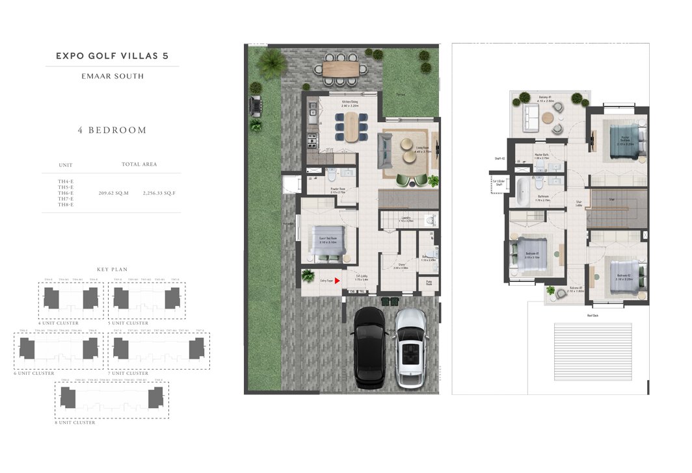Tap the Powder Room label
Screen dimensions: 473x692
[337, 190]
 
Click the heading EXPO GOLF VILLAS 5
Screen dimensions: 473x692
[112, 56]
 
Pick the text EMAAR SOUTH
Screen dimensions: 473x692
[112, 76]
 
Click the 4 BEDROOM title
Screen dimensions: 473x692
[112, 130]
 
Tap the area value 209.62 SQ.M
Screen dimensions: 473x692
[114, 193]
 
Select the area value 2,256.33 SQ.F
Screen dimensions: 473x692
[159, 193]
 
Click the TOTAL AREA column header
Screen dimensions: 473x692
[139, 164]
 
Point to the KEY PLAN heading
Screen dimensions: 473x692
[112, 269]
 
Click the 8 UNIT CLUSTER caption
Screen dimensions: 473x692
[75, 422]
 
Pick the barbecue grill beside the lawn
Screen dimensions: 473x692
[254, 104]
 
